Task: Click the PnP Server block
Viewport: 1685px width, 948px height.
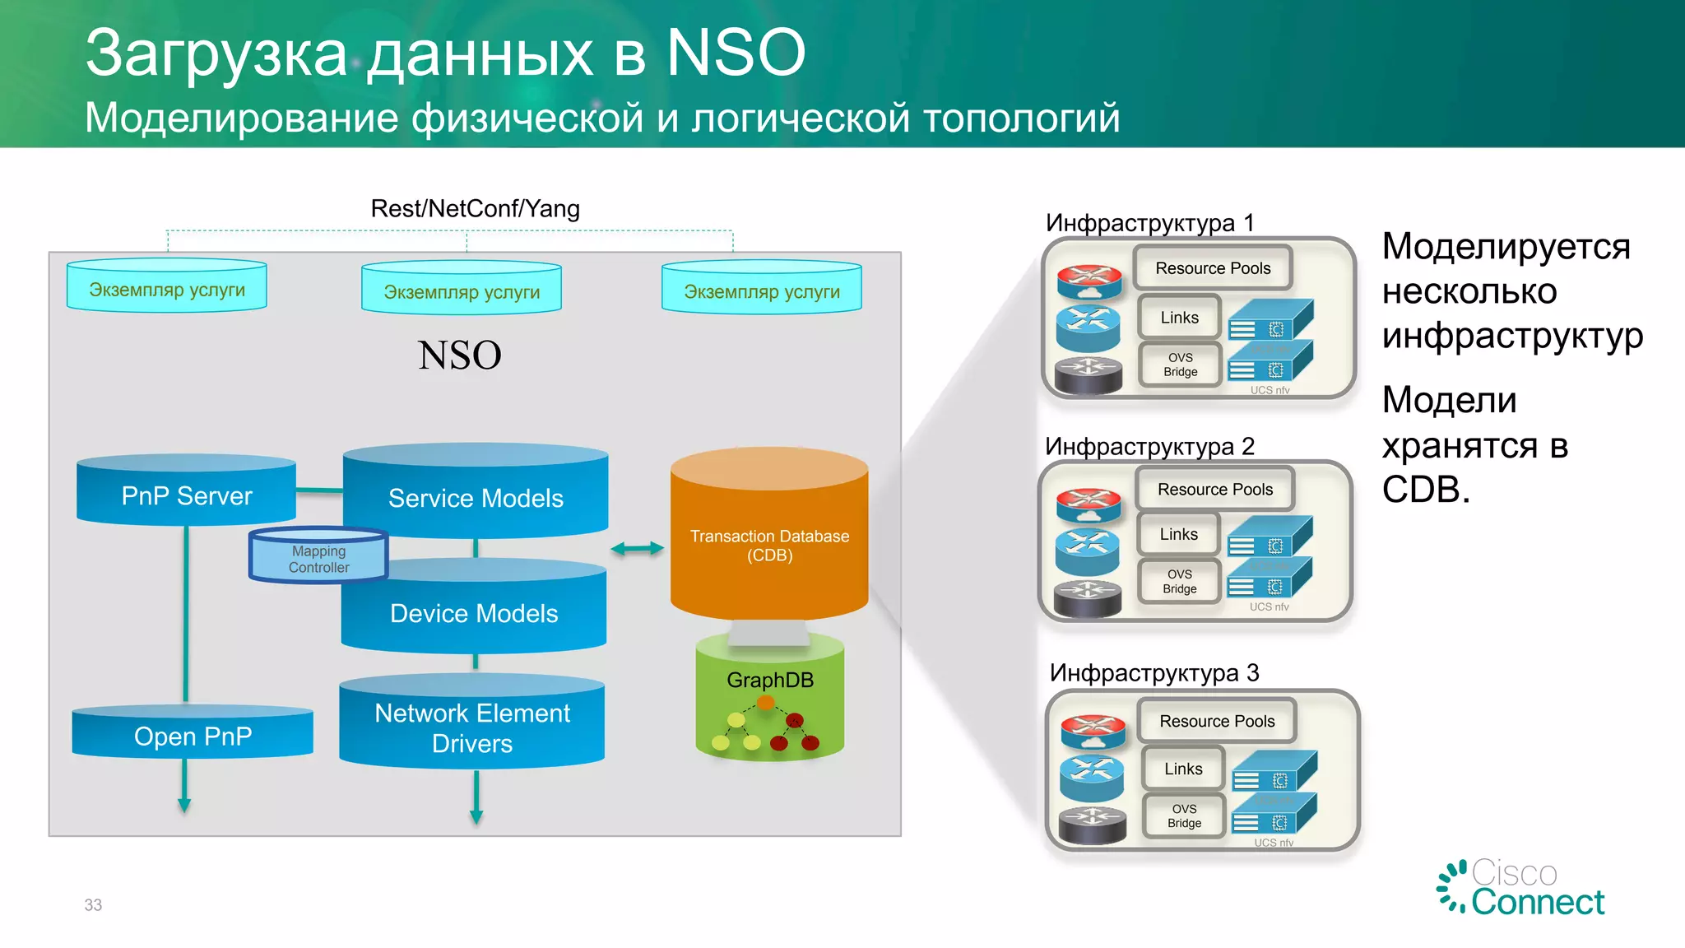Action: pos(187,495)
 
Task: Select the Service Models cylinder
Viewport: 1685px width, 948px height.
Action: pos(476,498)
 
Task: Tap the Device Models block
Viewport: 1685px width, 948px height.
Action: pos(474,613)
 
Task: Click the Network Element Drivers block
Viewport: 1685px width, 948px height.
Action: pos(472,727)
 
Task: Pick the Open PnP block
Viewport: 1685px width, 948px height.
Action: pos(193,736)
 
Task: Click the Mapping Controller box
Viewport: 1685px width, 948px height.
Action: pos(318,558)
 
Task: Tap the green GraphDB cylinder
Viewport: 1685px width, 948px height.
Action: pos(770,699)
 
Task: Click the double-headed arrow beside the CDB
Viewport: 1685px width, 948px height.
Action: pos(637,549)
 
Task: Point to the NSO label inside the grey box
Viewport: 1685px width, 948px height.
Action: pos(459,355)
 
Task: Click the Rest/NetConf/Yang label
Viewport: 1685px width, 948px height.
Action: pos(475,208)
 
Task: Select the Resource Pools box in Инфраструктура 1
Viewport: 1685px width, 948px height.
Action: pos(1213,268)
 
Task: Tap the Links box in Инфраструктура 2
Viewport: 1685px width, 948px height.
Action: pos(1179,534)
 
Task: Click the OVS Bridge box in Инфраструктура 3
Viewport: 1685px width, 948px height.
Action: pos(1185,816)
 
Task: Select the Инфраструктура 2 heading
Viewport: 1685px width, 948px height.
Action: pos(1149,446)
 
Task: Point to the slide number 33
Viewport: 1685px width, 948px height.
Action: pos(93,904)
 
